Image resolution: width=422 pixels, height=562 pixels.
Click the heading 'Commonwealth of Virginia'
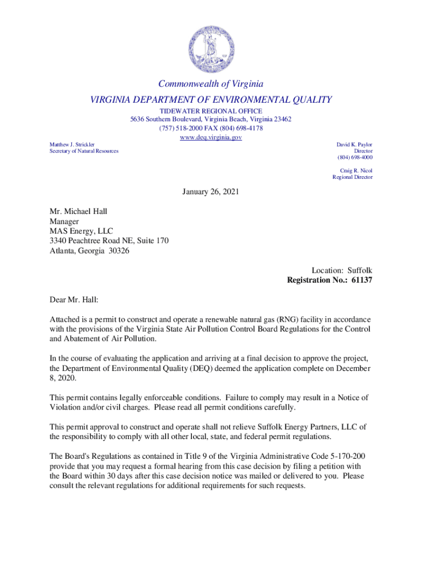tap(211, 84)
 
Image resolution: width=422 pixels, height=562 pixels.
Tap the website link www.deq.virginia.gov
tap(211, 137)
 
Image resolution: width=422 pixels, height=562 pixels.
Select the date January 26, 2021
tap(211, 192)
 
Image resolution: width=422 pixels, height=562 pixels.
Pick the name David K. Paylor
tap(354, 144)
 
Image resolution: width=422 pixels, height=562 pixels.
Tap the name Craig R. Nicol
tap(356, 171)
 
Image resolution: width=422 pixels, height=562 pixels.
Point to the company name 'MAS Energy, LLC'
tap(82, 231)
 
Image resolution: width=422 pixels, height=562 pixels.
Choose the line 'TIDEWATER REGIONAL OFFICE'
tap(211, 111)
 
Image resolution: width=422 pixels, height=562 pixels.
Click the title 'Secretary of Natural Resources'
tap(84, 151)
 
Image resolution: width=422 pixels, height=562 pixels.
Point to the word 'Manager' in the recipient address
tap(65, 221)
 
